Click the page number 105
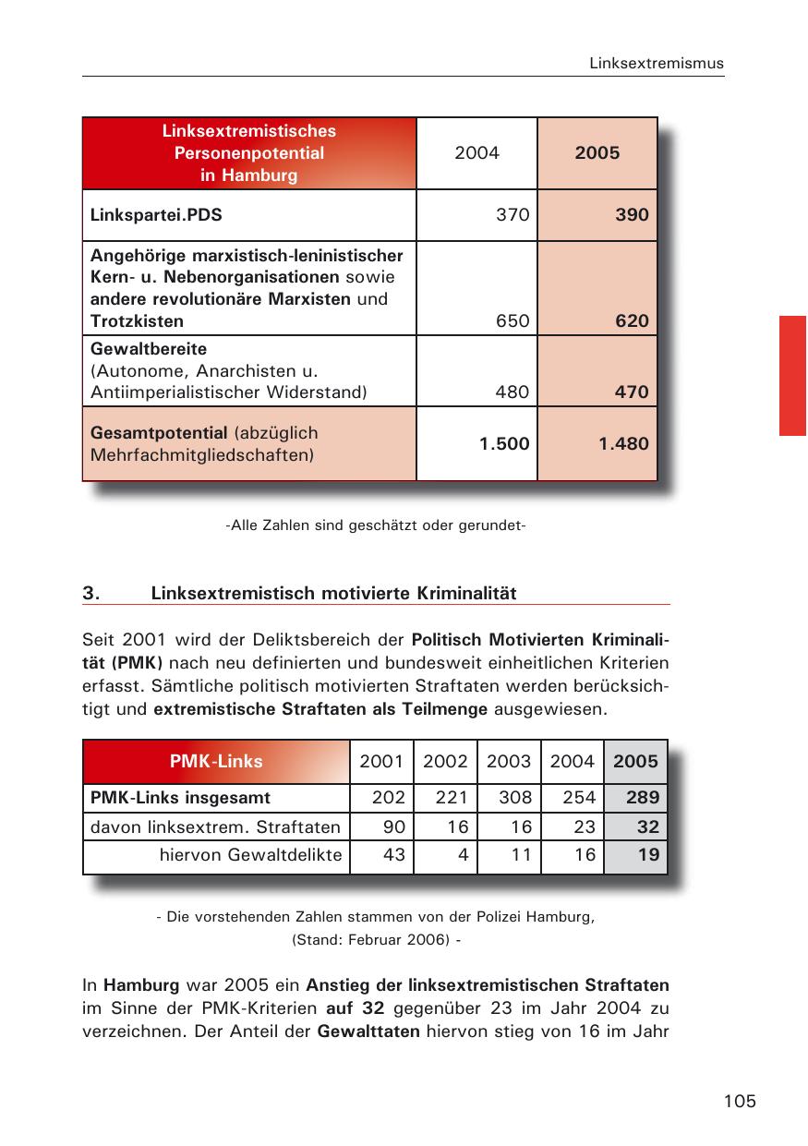click(x=740, y=1101)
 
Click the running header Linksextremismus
click(x=657, y=64)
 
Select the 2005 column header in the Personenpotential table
click(x=597, y=153)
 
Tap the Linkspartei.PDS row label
click(x=156, y=215)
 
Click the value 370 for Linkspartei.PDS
click(x=512, y=215)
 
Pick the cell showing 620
click(x=632, y=321)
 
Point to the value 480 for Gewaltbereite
click(x=512, y=392)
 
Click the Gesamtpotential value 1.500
click(x=503, y=443)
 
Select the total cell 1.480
click(x=622, y=443)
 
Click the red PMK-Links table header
click(x=216, y=762)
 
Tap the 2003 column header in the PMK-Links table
click(x=509, y=762)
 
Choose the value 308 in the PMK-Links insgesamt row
click(x=514, y=797)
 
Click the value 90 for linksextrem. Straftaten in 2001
click(x=394, y=826)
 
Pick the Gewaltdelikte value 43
click(x=394, y=855)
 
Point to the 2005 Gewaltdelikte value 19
click(x=648, y=855)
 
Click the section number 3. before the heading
click(x=90, y=593)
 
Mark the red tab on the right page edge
click(x=792, y=375)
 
